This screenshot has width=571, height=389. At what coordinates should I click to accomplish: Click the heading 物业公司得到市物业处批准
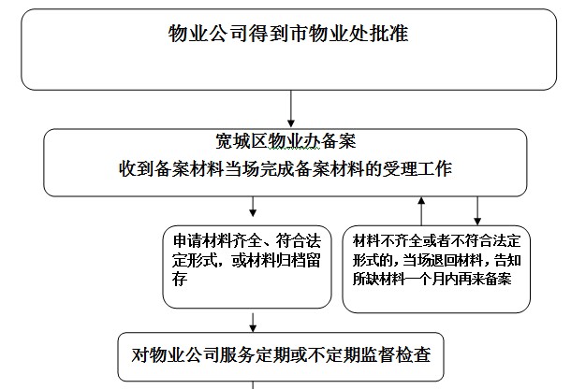coord(288,34)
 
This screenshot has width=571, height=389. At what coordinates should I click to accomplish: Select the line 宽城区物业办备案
coord(285,141)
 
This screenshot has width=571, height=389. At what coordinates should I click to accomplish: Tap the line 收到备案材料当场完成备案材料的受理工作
coord(285,169)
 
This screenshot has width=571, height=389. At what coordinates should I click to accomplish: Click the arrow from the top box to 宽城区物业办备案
coord(290,108)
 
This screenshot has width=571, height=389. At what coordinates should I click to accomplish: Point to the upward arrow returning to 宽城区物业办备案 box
coord(421,211)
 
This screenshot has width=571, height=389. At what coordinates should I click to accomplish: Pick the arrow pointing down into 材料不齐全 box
coord(477,211)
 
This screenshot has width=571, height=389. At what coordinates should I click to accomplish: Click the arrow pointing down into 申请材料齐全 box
coord(253,207)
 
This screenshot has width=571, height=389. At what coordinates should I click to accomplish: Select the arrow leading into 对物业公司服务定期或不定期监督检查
coord(253,323)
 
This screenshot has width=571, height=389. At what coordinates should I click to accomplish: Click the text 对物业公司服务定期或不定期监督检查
coord(281,354)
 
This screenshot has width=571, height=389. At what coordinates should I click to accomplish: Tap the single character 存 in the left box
coord(180,279)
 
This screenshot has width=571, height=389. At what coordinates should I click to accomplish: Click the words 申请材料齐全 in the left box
coord(218,240)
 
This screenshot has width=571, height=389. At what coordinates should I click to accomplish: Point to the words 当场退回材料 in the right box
coord(444,260)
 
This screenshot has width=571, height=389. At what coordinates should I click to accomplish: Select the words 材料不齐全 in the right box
coord(388,240)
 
